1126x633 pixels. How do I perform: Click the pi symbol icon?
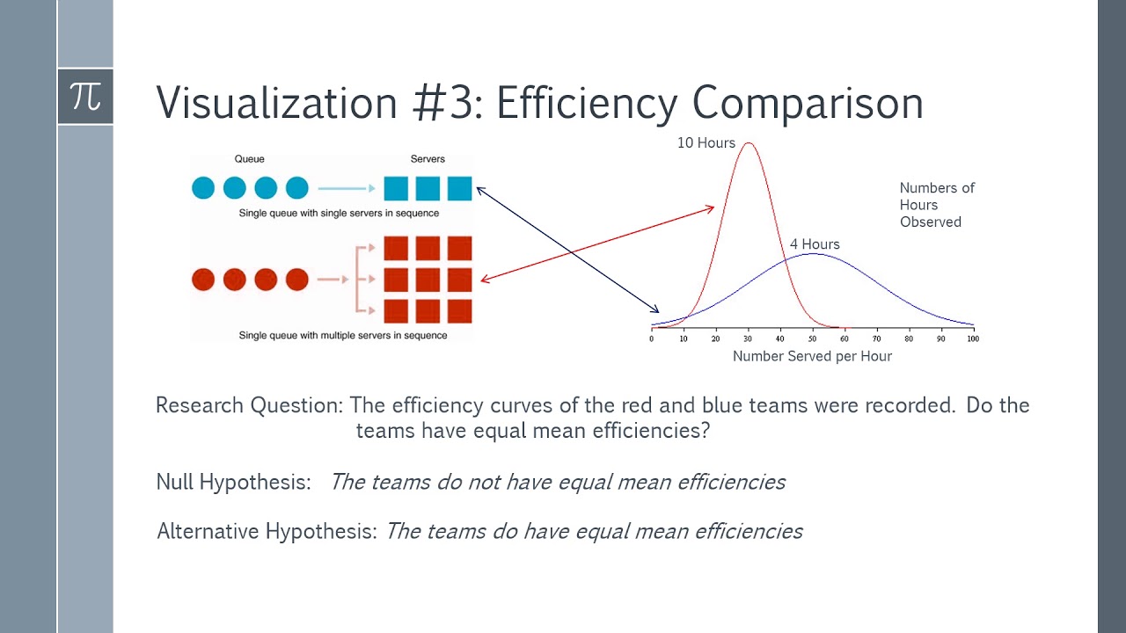click(85, 97)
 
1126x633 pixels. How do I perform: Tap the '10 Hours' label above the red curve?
click(706, 142)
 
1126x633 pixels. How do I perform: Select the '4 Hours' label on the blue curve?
click(814, 244)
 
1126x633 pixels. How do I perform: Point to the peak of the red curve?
click(749, 142)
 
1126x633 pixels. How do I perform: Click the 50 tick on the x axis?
click(812, 338)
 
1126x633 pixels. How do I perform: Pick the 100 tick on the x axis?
click(972, 338)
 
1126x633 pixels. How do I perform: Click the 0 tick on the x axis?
click(652, 338)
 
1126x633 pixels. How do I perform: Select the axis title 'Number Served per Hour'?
click(812, 356)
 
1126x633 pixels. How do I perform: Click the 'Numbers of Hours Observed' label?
click(936, 205)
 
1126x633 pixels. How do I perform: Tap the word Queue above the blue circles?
click(249, 159)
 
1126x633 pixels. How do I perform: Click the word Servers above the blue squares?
click(428, 159)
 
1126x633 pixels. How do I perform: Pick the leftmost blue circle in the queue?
click(203, 187)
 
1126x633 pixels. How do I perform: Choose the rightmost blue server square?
click(459, 188)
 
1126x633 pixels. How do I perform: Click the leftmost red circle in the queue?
click(203, 280)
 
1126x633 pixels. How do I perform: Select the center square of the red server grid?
click(428, 280)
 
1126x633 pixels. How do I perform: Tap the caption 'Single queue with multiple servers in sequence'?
click(342, 335)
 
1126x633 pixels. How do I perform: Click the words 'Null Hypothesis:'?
click(233, 482)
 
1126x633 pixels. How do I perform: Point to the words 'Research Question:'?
click(249, 405)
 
